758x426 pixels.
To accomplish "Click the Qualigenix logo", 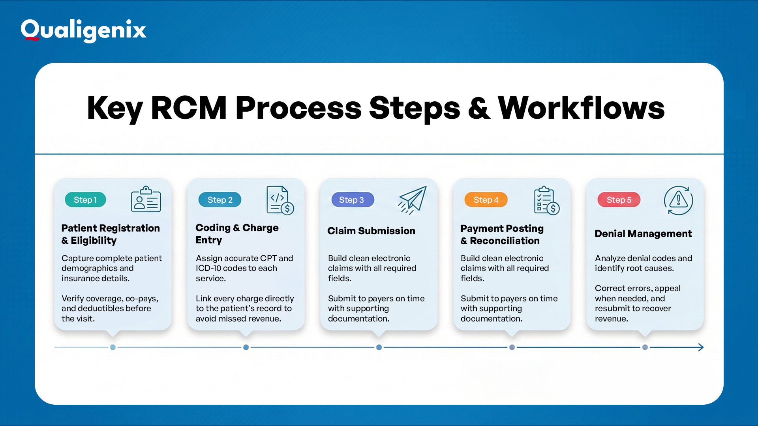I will click(x=83, y=30).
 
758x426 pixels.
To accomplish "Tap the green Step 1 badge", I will click(x=85, y=200).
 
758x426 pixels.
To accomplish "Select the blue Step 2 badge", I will click(x=220, y=200).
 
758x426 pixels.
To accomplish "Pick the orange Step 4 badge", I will click(x=486, y=200).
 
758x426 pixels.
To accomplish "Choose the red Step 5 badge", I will click(x=619, y=200).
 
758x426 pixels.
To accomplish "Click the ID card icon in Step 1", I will click(x=146, y=200).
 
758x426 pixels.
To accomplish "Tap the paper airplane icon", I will click(x=413, y=200).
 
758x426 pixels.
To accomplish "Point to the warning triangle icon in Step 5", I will click(x=678, y=200).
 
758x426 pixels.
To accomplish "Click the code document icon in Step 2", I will click(x=280, y=200).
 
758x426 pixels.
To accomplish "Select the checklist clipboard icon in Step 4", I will click(x=546, y=200).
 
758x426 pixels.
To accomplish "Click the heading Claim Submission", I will click(x=371, y=231).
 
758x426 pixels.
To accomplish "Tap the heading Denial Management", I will click(x=643, y=234).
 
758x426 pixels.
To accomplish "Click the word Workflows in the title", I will click(x=581, y=108).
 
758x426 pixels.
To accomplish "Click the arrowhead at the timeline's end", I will click(x=701, y=347).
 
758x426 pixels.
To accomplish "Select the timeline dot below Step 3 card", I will click(x=379, y=347).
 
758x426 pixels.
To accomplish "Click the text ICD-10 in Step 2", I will click(x=208, y=268).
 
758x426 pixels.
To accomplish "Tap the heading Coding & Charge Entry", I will click(x=237, y=234).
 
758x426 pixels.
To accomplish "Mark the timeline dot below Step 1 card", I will click(x=113, y=347).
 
